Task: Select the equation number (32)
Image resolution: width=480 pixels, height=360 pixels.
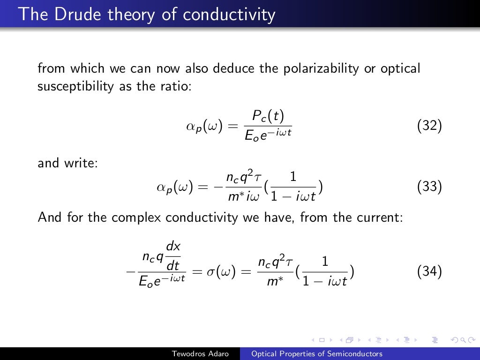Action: pyautogui.click(x=429, y=126)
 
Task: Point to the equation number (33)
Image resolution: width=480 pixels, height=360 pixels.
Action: pyautogui.click(x=429, y=187)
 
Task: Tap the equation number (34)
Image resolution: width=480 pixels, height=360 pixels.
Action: pyautogui.click(x=429, y=272)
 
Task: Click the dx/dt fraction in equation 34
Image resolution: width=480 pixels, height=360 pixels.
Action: pyautogui.click(x=173, y=257)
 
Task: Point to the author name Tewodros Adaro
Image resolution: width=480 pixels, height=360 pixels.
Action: pyautogui.click(x=201, y=354)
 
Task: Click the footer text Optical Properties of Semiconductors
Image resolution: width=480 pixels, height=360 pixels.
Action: pyautogui.click(x=317, y=354)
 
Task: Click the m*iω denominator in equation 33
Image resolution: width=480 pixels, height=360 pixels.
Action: pyautogui.click(x=240, y=196)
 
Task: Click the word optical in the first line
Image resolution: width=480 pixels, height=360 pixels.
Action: pyautogui.click(x=400, y=69)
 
